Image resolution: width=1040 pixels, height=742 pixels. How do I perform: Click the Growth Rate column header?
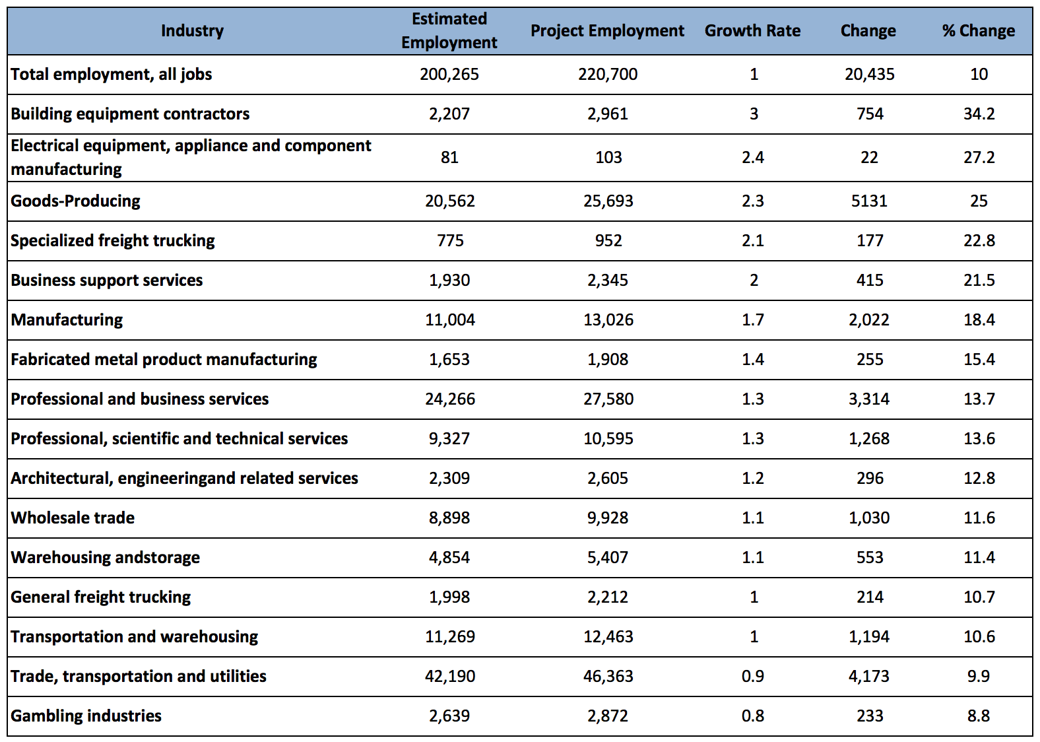click(752, 30)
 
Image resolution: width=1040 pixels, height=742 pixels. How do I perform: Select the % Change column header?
click(978, 30)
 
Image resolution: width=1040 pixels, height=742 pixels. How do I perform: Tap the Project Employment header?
click(607, 31)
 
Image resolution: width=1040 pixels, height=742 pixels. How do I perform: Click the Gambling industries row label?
click(86, 716)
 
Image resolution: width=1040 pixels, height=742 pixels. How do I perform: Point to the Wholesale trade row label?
click(73, 518)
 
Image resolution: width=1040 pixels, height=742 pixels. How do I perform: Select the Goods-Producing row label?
click(75, 201)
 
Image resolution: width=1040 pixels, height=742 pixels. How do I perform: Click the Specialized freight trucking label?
click(112, 240)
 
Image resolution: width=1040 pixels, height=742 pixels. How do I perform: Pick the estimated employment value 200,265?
click(449, 75)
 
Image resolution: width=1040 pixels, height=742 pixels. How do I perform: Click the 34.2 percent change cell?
click(979, 114)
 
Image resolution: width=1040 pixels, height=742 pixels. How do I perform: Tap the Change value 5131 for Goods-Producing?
click(868, 201)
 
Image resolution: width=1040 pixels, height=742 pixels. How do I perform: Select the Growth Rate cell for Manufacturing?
click(752, 320)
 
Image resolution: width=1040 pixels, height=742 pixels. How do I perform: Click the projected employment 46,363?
click(608, 676)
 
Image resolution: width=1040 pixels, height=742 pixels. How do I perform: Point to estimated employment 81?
click(449, 157)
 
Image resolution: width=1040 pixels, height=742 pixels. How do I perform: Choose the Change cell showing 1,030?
click(869, 518)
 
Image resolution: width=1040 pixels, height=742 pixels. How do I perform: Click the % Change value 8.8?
click(979, 716)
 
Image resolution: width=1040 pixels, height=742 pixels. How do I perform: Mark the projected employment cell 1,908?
click(608, 359)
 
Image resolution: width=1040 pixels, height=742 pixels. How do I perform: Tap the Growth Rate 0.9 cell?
click(752, 676)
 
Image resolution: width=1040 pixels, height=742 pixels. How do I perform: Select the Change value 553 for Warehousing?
click(870, 557)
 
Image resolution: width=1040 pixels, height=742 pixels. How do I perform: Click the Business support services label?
click(106, 280)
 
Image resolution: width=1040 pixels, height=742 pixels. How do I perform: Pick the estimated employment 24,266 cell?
click(450, 399)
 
